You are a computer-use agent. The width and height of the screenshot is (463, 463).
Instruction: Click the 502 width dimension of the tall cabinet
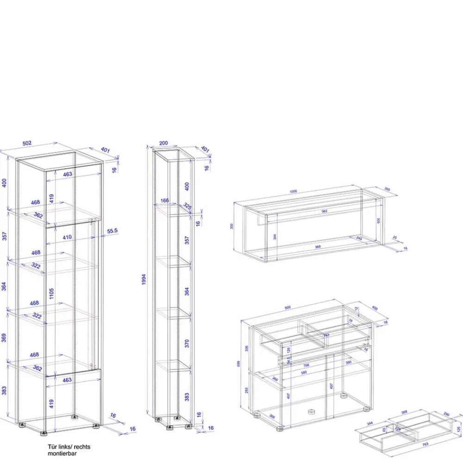(27, 143)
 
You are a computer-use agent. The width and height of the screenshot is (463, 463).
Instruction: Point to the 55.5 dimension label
(113, 230)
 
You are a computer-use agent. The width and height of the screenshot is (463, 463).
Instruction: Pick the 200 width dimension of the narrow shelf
(163, 144)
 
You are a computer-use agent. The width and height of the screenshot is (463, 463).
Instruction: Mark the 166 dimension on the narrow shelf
(164, 200)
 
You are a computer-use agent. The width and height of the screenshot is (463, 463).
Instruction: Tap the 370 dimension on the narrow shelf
(187, 343)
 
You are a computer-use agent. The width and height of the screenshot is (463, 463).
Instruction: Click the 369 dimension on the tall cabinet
(4, 338)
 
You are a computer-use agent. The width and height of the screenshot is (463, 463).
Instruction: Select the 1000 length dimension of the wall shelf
(293, 191)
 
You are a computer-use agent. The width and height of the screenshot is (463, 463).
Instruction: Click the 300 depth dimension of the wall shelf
(387, 188)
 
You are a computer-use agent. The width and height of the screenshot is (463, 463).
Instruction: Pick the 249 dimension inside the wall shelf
(359, 238)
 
